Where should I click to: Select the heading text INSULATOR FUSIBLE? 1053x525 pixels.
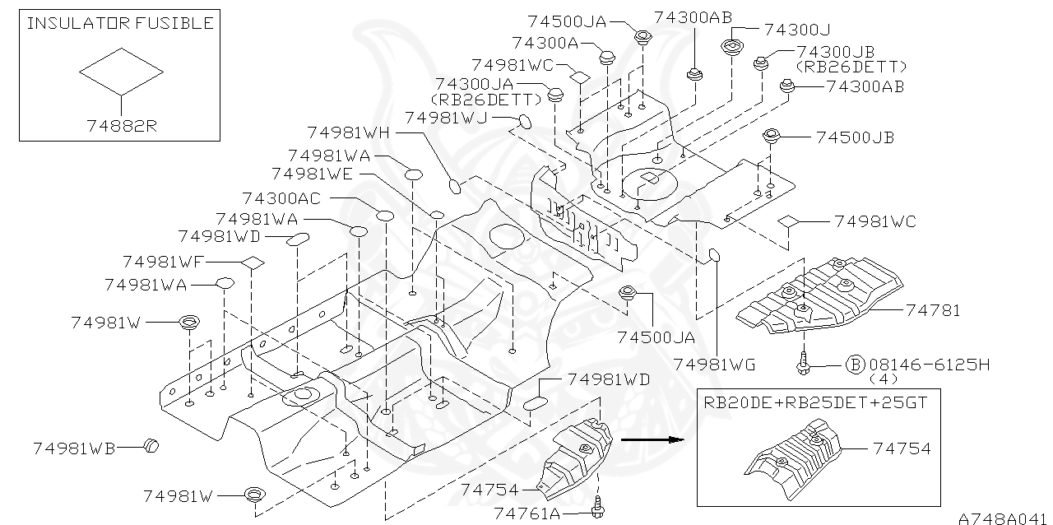point(120,23)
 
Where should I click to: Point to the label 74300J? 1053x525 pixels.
point(796,30)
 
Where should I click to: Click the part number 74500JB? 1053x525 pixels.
point(855,137)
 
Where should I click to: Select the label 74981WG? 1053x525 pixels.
point(714,365)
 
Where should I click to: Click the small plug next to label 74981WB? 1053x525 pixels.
point(150,446)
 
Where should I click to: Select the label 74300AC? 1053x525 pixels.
point(282,198)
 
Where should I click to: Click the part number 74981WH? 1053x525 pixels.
point(348,132)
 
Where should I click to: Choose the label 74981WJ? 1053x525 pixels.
point(447,118)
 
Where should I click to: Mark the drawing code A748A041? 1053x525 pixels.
point(1004,518)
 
